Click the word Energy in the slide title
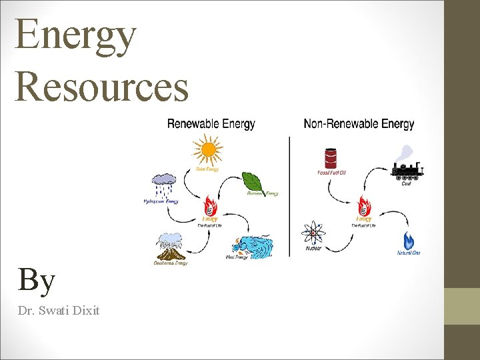[75, 37]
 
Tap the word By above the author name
[37, 280]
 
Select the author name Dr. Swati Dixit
[59, 310]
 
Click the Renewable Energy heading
[211, 124]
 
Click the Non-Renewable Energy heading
[359, 124]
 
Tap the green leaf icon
[253, 181]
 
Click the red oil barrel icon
[331, 158]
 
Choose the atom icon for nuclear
[313, 233]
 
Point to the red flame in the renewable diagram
[210, 207]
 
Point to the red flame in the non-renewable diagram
[364, 207]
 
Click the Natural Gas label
[409, 253]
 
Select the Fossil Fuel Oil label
[331, 173]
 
